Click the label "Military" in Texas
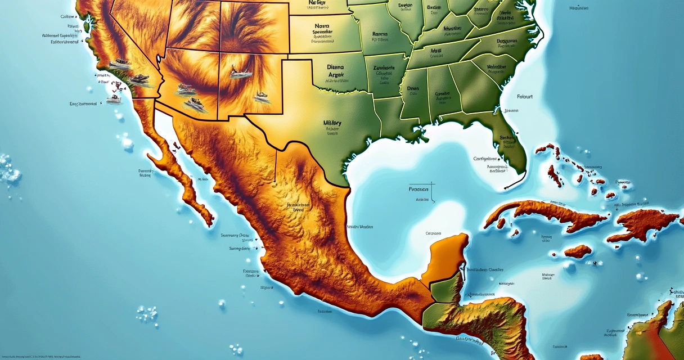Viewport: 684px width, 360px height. (x=332, y=123)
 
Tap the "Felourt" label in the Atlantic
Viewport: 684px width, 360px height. (x=524, y=97)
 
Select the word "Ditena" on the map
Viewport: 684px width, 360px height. (x=339, y=66)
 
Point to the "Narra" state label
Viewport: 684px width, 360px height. (x=322, y=25)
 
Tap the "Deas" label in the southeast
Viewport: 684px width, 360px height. (x=413, y=88)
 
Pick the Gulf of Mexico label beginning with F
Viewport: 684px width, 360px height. (x=418, y=190)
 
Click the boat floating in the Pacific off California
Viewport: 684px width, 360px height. (x=114, y=98)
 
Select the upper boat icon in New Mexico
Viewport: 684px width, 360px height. (x=240, y=70)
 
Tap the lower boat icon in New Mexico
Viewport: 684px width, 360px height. (x=261, y=97)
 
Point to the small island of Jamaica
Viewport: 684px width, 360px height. (x=578, y=251)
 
